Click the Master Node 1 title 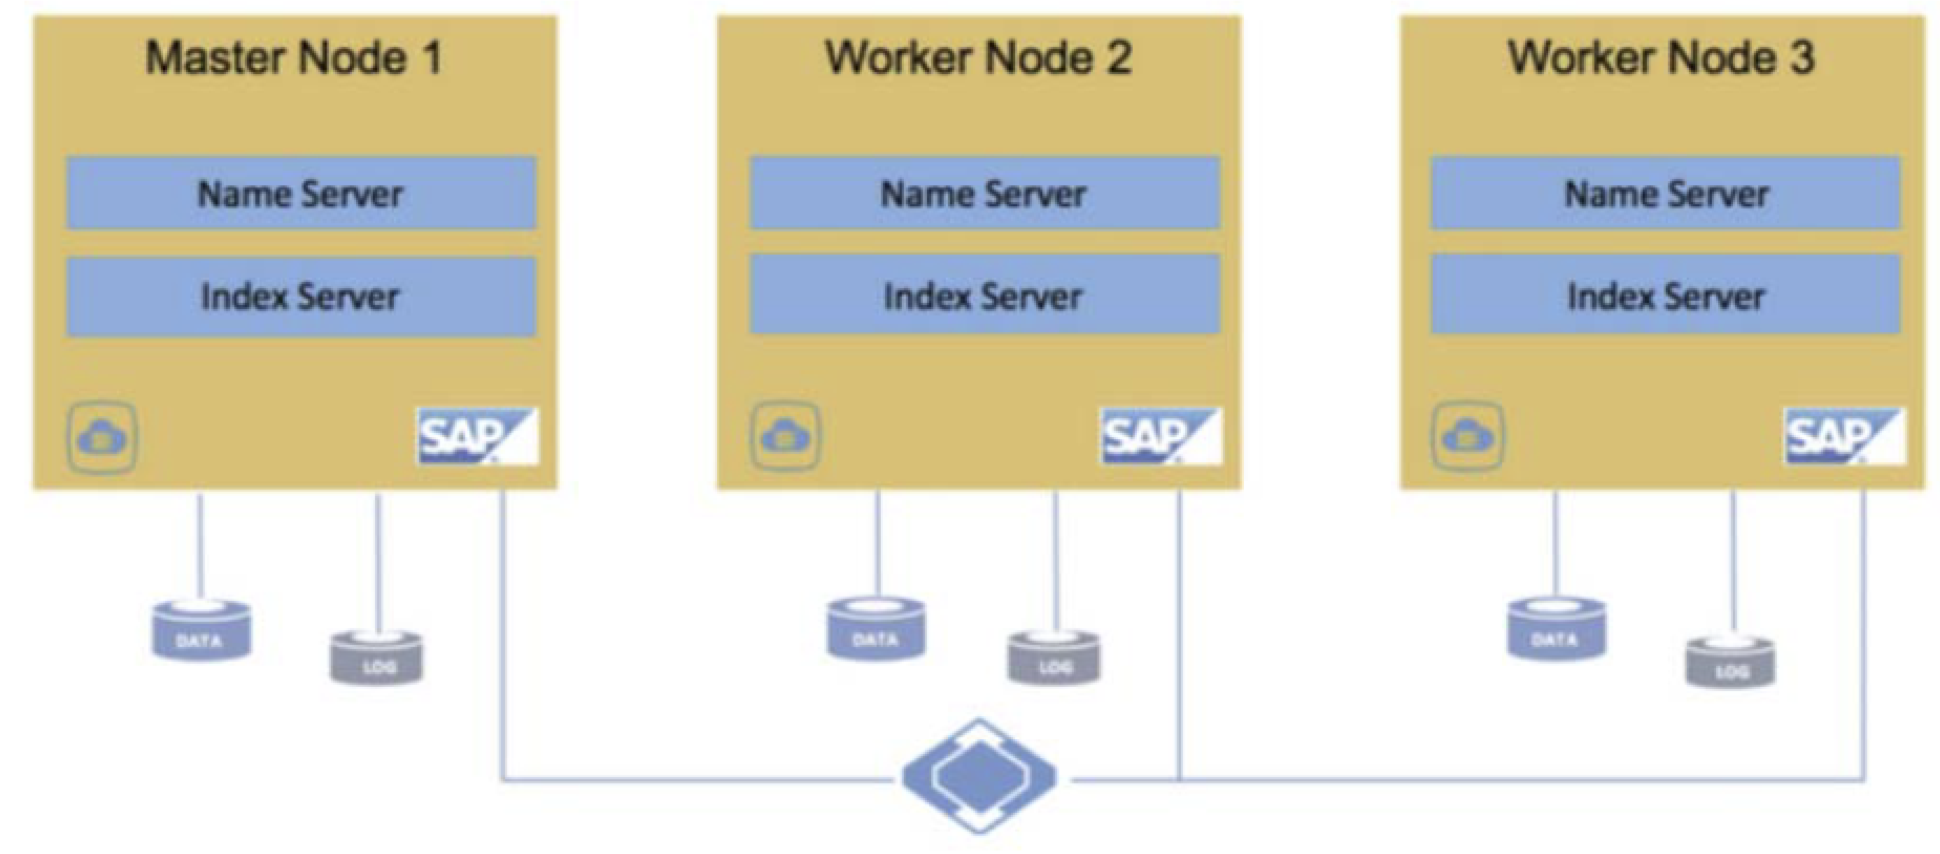point(294,58)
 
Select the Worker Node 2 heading point(978,58)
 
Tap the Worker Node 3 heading point(1662,58)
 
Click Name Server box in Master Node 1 point(302,194)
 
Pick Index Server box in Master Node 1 point(302,297)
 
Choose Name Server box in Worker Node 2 point(984,194)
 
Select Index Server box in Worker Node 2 point(984,295)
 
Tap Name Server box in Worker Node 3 point(1666,194)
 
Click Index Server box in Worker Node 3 point(1666,295)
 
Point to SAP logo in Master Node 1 point(477,436)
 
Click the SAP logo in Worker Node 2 point(1161,436)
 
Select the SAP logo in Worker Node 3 point(1844,436)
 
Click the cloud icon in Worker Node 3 point(1467,436)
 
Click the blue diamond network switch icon point(979,776)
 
